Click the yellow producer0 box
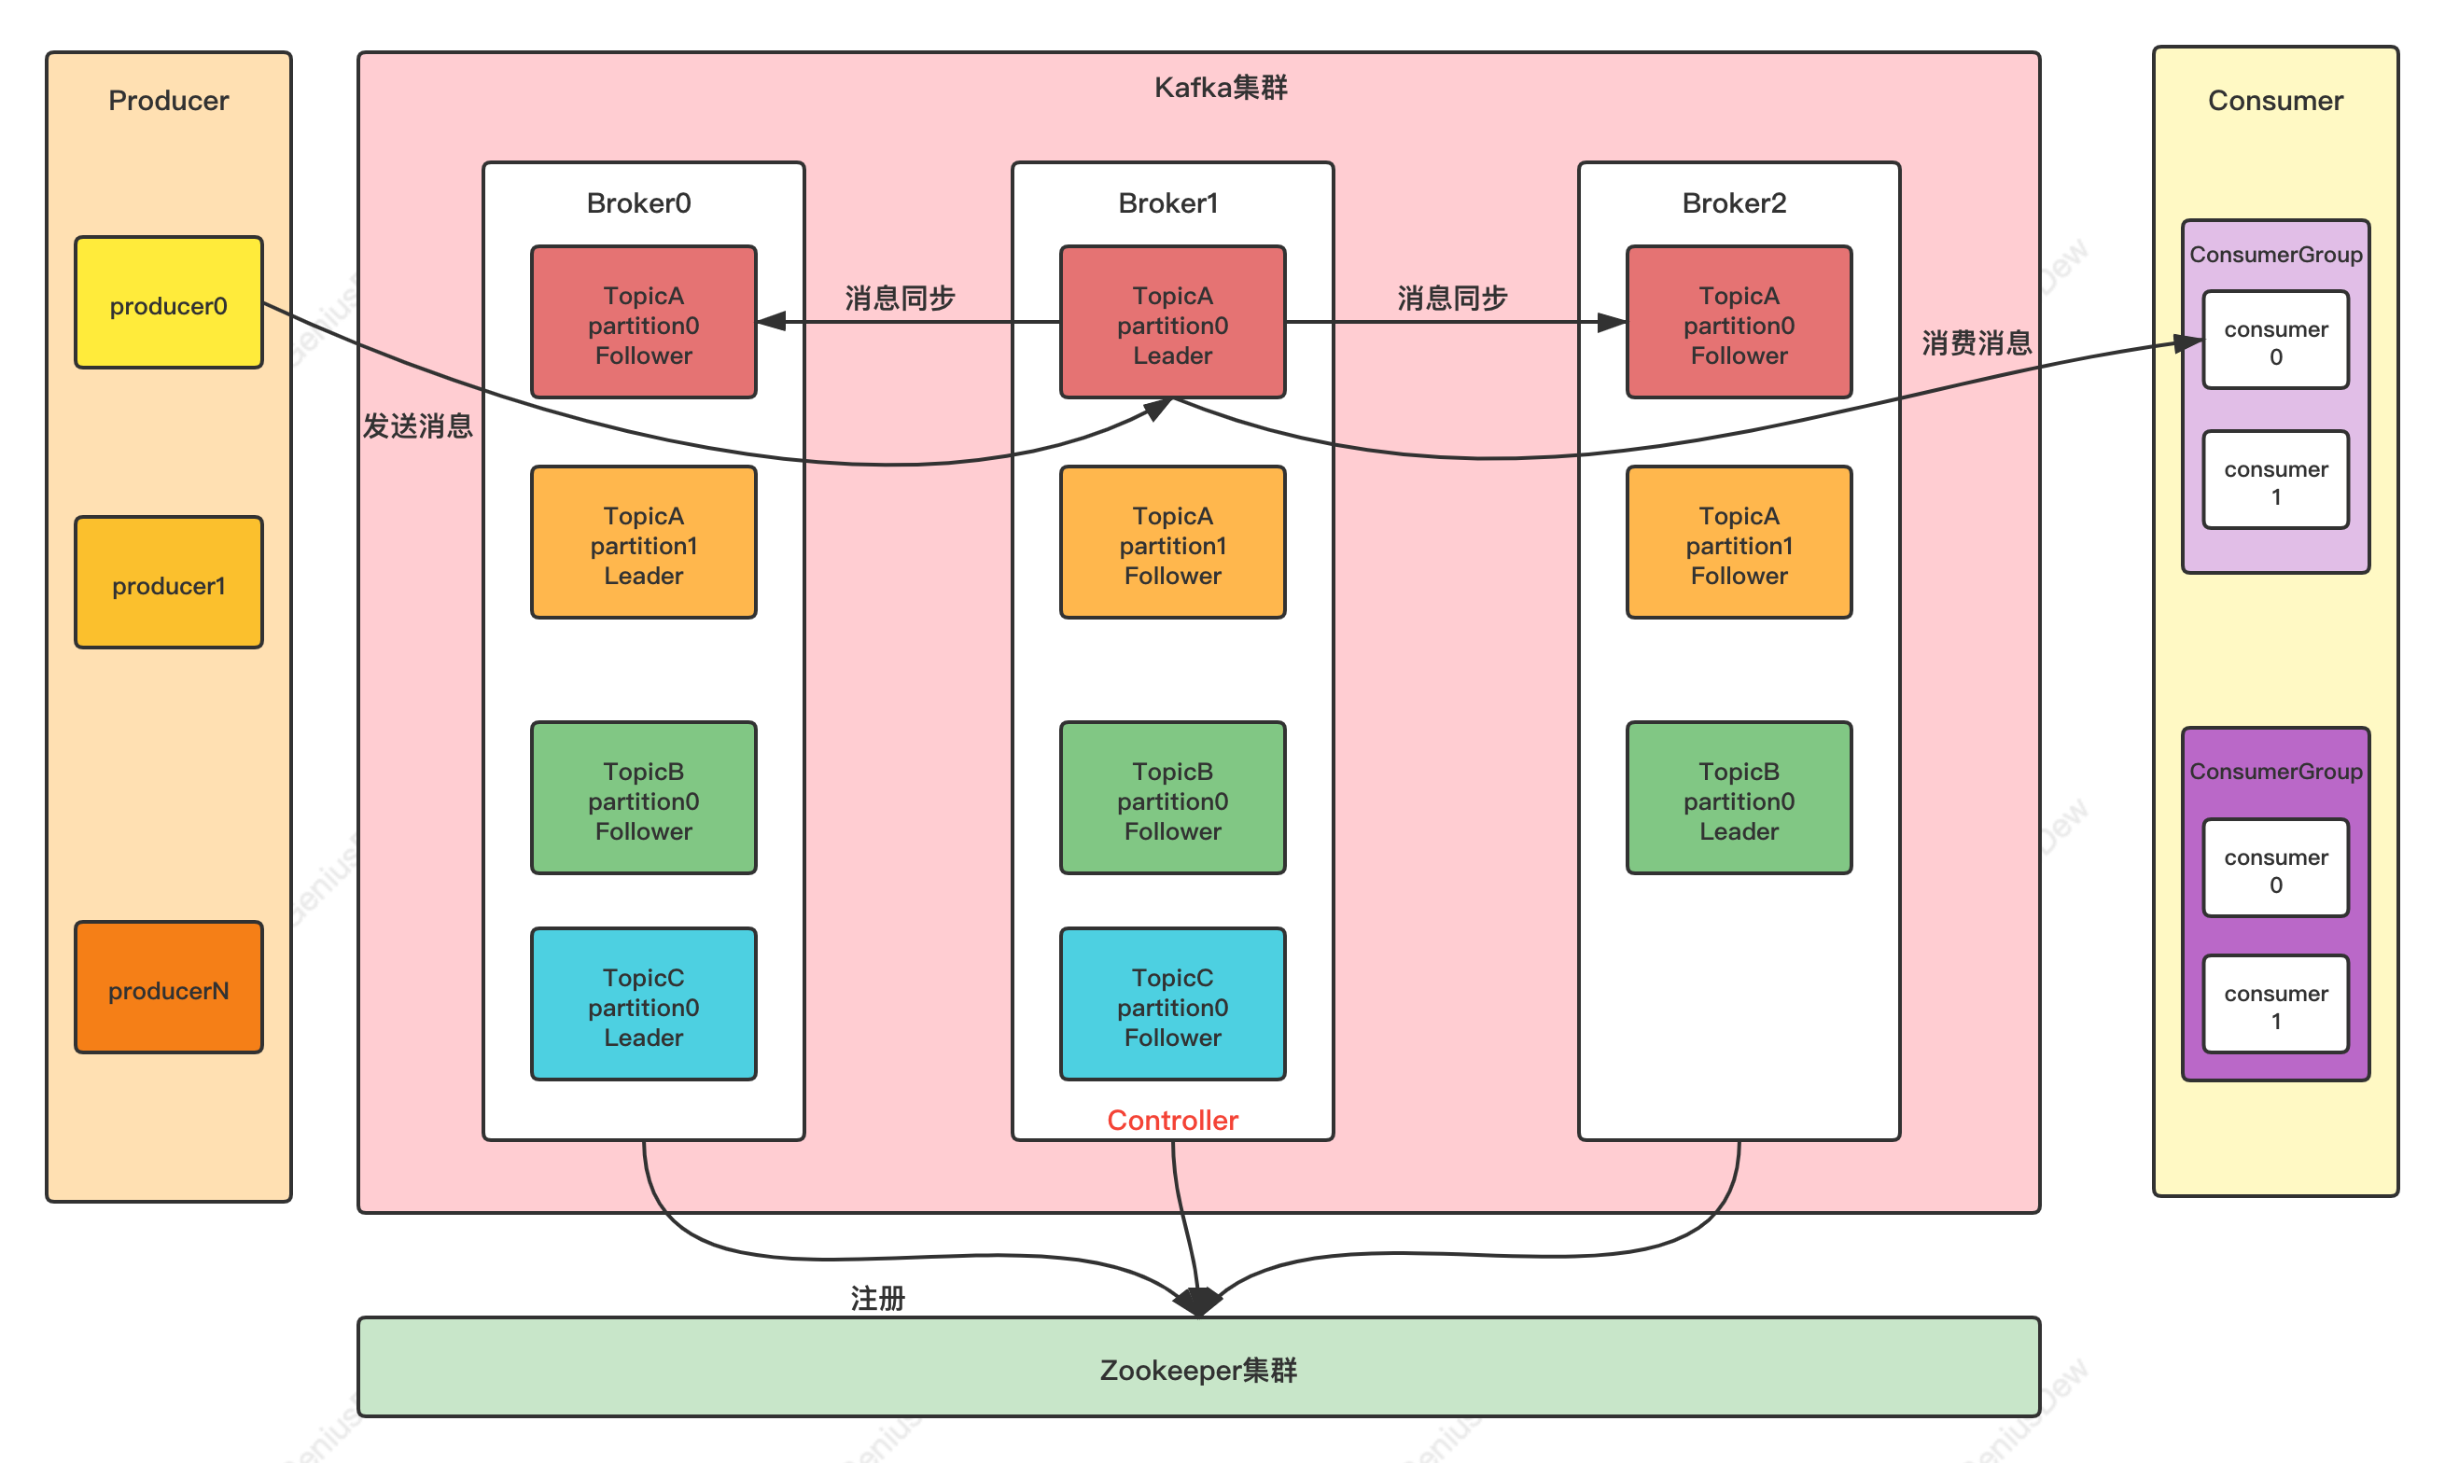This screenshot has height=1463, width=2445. (169, 302)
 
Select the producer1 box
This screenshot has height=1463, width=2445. (169, 582)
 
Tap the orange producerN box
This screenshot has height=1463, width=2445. (169, 988)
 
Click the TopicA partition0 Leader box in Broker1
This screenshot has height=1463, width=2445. (1172, 323)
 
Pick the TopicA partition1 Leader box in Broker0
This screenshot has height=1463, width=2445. (643, 543)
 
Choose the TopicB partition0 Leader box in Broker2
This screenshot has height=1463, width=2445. (1739, 799)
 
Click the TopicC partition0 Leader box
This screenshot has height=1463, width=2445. (643, 1005)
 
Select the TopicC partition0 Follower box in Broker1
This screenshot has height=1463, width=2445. (1172, 1005)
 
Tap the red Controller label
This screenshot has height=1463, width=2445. (1172, 1120)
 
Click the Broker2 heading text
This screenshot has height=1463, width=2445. (1733, 203)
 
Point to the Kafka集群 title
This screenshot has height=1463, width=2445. (1221, 88)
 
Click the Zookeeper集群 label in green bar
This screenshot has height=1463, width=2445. (1198, 1371)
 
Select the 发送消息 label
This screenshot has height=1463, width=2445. (418, 425)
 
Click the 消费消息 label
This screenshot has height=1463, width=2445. (1977, 343)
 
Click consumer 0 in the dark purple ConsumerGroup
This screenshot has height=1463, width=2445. (2275, 870)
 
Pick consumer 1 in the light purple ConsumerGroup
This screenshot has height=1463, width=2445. (2275, 481)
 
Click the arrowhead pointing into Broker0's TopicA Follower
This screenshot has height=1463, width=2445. (771, 321)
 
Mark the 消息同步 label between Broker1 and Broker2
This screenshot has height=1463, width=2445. (1452, 298)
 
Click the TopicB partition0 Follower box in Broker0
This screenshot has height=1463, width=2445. (643, 799)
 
